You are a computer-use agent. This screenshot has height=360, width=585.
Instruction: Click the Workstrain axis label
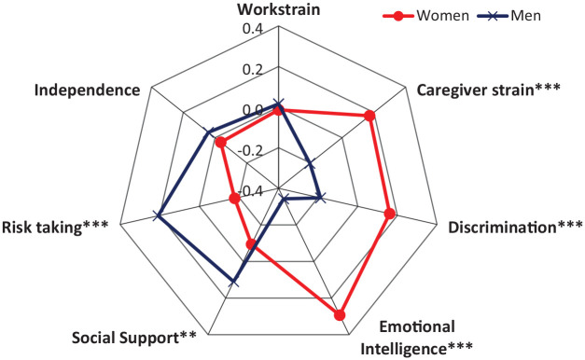(279, 9)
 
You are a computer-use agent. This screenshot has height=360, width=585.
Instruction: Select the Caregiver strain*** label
(488, 90)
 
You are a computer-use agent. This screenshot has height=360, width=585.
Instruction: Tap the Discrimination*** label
(515, 228)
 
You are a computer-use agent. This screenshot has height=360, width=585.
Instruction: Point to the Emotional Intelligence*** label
(417, 338)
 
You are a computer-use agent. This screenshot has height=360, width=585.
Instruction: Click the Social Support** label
(134, 338)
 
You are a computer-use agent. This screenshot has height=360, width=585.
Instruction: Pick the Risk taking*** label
(55, 228)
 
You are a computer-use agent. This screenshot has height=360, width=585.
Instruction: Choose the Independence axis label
(88, 90)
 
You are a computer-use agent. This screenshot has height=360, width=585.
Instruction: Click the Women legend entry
(426, 16)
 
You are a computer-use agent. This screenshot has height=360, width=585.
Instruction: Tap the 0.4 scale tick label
(253, 29)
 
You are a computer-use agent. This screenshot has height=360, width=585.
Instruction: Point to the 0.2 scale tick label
(253, 70)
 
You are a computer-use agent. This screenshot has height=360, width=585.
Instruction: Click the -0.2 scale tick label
(250, 151)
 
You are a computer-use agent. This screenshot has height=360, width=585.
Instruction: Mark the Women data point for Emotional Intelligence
(340, 315)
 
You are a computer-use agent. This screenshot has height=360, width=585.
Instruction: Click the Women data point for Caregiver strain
(369, 116)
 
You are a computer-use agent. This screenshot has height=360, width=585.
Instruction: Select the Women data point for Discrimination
(389, 215)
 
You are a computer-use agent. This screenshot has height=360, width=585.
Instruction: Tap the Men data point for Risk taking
(159, 215)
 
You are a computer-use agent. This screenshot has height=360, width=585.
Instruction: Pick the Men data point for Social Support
(234, 282)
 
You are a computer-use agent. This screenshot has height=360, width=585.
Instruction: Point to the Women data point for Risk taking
(234, 199)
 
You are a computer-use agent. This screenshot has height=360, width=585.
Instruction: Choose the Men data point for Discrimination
(320, 198)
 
